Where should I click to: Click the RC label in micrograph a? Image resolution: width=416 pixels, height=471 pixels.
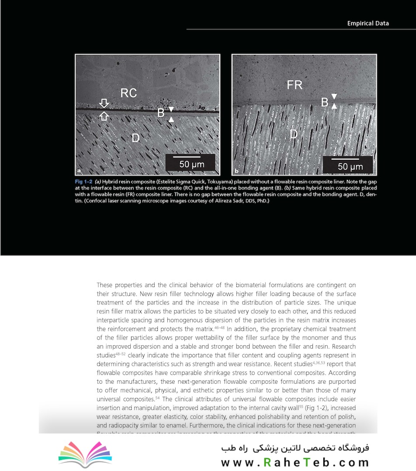tap(128, 93)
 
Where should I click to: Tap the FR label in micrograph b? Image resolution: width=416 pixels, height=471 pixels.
tap(295, 85)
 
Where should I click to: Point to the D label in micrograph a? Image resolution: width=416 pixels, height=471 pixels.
tap(135, 138)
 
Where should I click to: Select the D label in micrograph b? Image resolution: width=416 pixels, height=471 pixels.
tap(294, 134)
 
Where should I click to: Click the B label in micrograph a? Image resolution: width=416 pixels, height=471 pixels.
tap(161, 113)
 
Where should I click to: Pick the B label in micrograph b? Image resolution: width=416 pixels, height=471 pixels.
tap(325, 102)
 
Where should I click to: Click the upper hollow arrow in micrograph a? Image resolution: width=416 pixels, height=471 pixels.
tap(104, 103)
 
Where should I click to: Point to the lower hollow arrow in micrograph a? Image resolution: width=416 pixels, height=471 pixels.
tap(104, 115)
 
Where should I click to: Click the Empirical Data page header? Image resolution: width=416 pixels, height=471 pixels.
tap(367, 23)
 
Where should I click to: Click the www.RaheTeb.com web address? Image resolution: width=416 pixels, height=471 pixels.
tap(295, 462)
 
